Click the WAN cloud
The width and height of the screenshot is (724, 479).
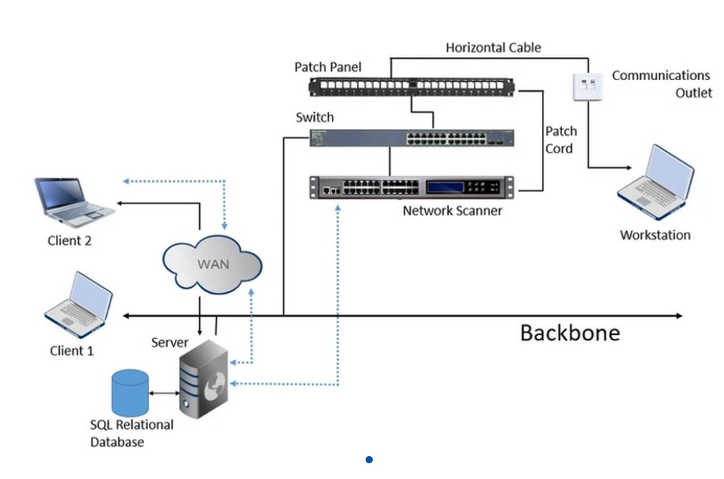[x=213, y=265]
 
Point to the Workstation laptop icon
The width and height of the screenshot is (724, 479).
[x=657, y=185]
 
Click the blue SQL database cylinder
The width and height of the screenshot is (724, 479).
[x=129, y=392]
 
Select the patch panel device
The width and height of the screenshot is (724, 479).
[x=411, y=87]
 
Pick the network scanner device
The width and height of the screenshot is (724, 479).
[x=411, y=188]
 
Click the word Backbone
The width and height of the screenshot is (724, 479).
[x=570, y=333]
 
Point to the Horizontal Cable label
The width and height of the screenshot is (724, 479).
[x=493, y=48]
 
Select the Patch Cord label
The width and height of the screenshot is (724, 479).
[x=559, y=140]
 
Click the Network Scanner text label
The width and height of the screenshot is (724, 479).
[x=452, y=211]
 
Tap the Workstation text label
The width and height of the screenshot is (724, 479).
[x=655, y=235]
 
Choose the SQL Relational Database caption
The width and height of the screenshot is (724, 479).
[x=132, y=433]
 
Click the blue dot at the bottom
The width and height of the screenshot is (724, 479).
[x=368, y=460]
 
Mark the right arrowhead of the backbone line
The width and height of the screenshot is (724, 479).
[x=678, y=315]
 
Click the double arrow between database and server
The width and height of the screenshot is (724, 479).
[x=164, y=393]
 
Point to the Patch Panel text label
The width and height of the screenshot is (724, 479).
[x=328, y=67]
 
